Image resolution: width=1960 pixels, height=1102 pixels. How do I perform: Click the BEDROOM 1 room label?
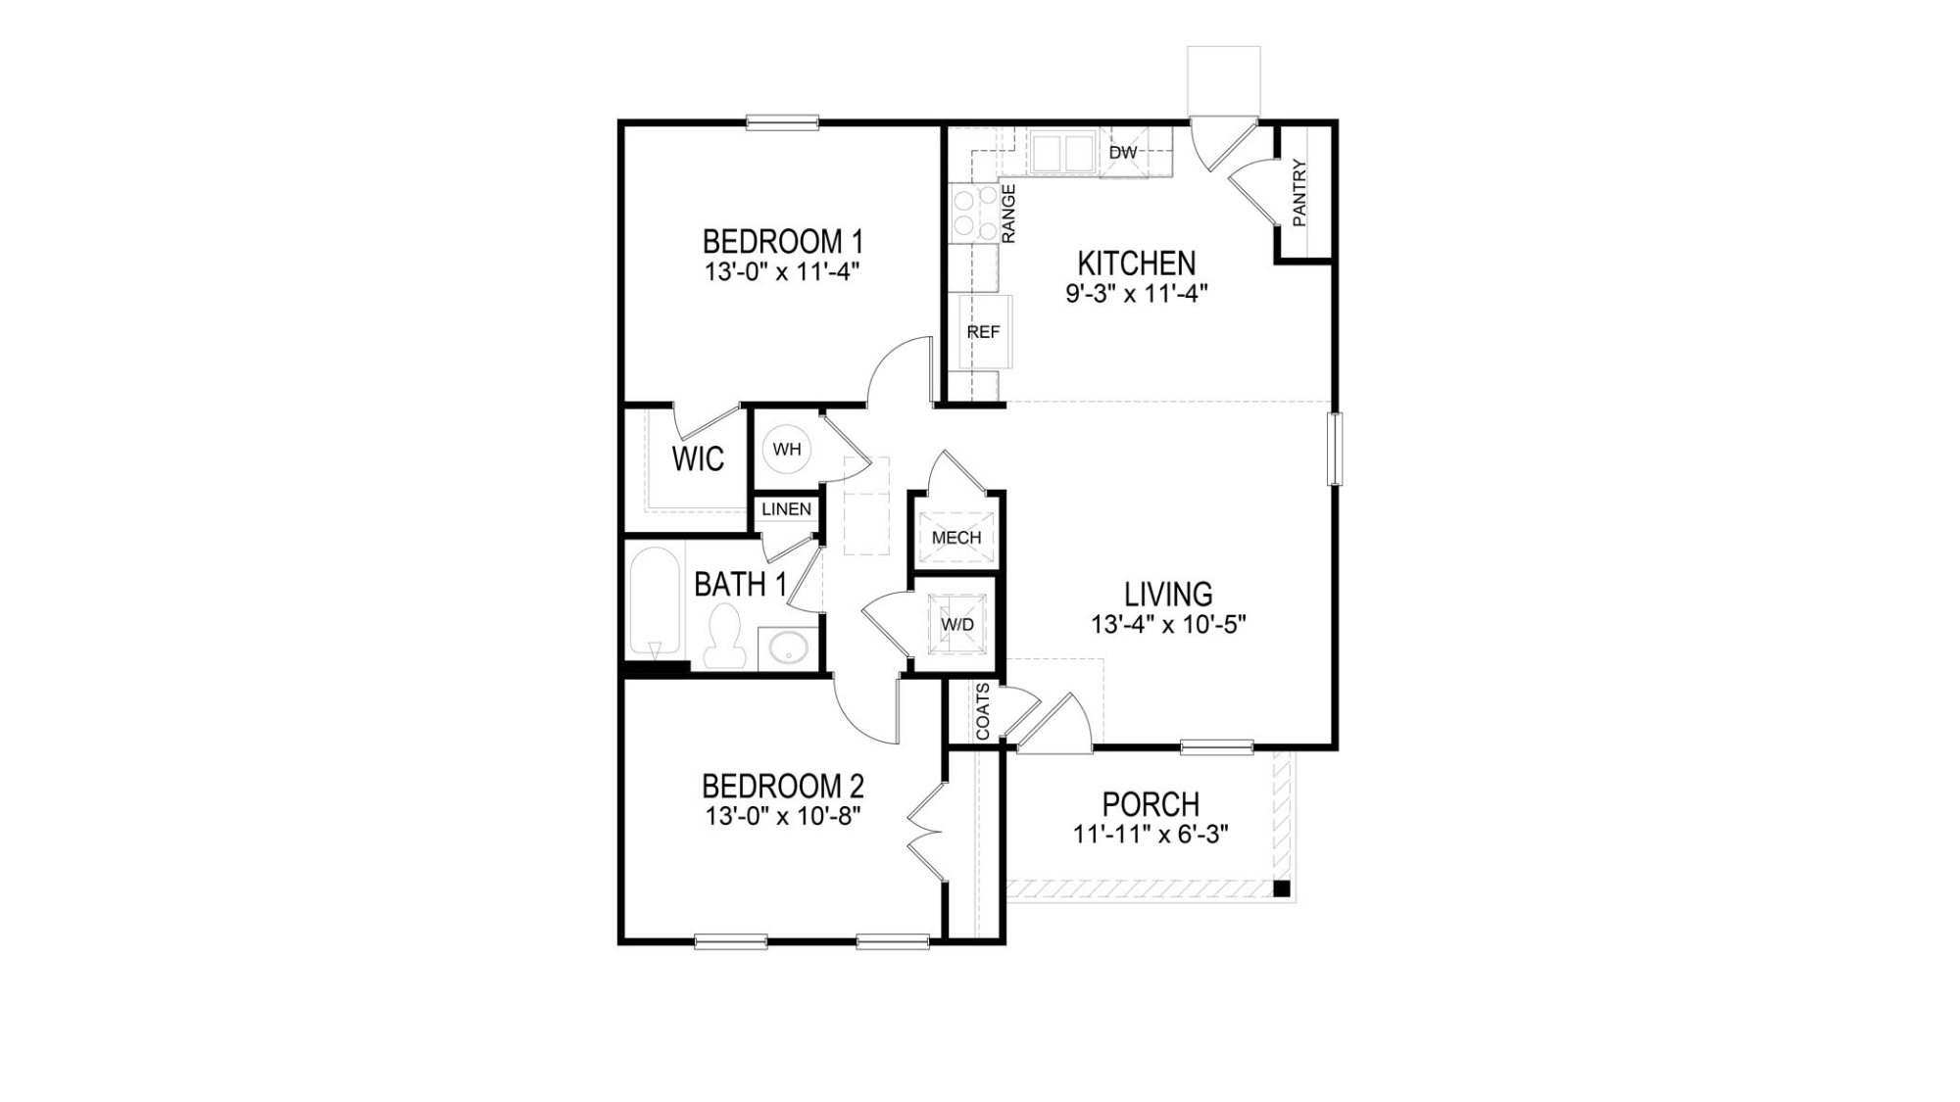[x=783, y=241]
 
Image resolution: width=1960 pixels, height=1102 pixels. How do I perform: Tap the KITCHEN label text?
[x=1137, y=264]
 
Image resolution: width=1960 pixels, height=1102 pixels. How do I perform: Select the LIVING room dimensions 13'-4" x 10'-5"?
[x=1168, y=624]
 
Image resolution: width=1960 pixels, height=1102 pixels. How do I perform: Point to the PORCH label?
[x=1151, y=804]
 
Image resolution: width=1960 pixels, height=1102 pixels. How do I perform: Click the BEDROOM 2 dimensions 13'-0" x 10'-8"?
[x=783, y=816]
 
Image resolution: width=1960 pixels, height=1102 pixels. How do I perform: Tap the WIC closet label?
[x=698, y=458]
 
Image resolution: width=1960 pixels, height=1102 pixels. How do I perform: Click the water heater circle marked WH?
[x=787, y=450]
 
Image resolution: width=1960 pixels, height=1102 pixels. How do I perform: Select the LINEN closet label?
[x=787, y=509]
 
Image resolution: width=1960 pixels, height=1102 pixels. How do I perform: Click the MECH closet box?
[x=956, y=537]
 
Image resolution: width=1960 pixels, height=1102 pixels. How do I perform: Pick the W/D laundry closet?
[x=957, y=624]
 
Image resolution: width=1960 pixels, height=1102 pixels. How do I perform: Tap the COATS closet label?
[x=983, y=711]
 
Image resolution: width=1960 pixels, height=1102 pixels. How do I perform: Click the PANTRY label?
[x=1299, y=193]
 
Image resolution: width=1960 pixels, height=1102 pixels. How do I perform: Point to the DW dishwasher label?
[x=1123, y=153]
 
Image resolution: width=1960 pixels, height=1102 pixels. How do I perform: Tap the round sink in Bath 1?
[x=787, y=647]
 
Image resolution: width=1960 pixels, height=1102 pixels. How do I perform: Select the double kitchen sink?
[x=1061, y=154]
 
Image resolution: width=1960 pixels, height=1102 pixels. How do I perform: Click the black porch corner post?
[x=1281, y=888]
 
